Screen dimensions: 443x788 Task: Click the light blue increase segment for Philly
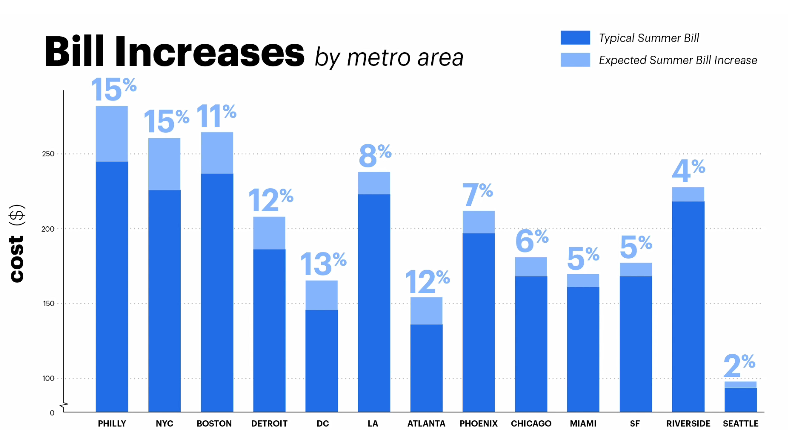pos(112,134)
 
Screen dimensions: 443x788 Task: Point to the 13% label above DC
pos(323,263)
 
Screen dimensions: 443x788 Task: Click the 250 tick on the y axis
pos(48,154)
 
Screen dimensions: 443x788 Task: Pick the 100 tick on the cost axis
pos(48,378)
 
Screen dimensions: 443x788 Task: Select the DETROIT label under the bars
pos(269,424)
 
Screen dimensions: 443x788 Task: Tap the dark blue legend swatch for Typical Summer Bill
pos(575,38)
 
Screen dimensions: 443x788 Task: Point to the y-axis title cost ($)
pos(17,243)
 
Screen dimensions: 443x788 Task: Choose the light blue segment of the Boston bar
pos(217,153)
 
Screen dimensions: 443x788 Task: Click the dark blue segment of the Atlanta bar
pos(426,368)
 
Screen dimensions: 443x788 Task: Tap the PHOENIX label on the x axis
pos(478,424)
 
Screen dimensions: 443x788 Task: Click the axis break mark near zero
pos(64,406)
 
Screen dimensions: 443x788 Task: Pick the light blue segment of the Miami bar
pos(583,280)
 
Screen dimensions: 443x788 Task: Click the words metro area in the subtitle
pos(405,58)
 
